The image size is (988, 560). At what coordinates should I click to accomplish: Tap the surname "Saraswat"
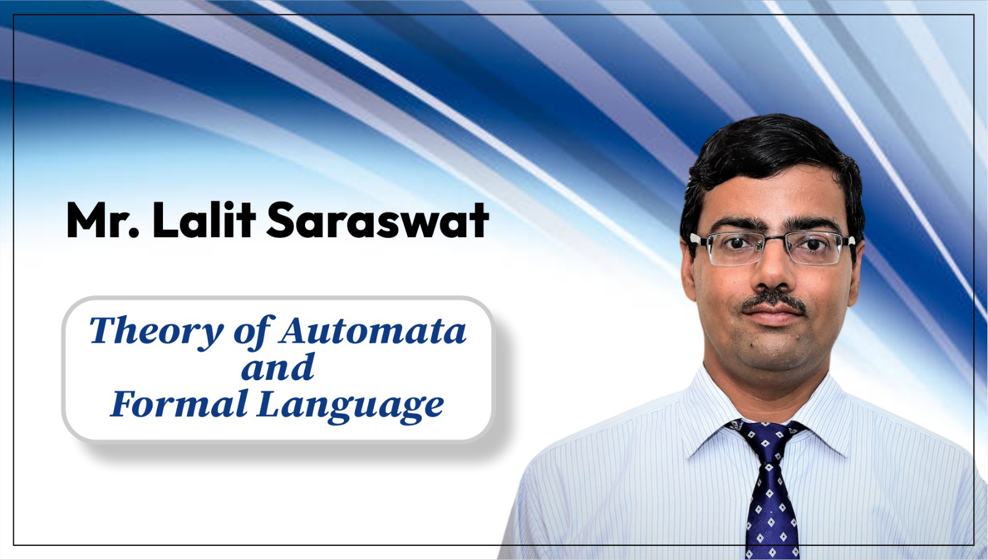click(377, 220)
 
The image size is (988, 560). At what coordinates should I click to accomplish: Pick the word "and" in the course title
click(277, 367)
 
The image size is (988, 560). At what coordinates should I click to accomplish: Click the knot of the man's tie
click(768, 437)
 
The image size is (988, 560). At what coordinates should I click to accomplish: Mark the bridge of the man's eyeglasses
click(774, 241)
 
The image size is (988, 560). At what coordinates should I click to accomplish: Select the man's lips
click(774, 317)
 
